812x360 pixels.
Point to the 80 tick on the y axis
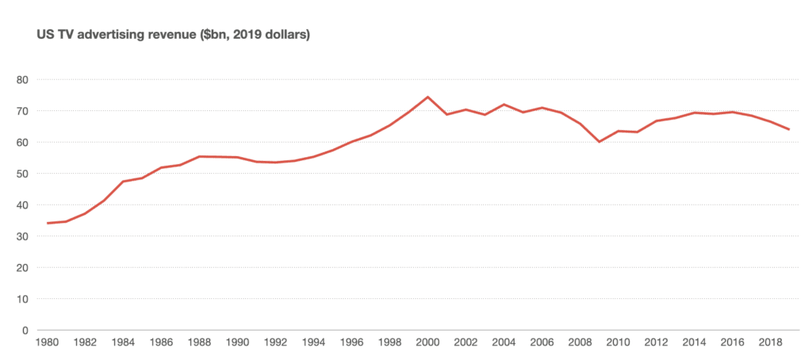pyautogui.click(x=23, y=79)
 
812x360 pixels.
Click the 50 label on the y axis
pyautogui.click(x=23, y=174)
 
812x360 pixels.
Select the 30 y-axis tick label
pyautogui.click(x=23, y=236)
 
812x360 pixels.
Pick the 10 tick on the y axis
pyautogui.click(x=23, y=299)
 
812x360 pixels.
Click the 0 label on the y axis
pyautogui.click(x=25, y=331)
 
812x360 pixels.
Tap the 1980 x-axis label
pyautogui.click(x=48, y=344)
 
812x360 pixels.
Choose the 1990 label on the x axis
pyautogui.click(x=238, y=344)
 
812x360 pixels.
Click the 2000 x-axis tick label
pyautogui.click(x=428, y=344)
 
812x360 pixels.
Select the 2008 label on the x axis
pyautogui.click(x=580, y=344)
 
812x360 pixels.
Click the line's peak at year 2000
pyautogui.click(x=428, y=97)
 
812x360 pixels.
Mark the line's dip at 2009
pyautogui.click(x=599, y=142)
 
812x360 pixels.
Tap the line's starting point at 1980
pyautogui.click(x=48, y=223)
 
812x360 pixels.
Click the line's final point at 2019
pyautogui.click(x=789, y=129)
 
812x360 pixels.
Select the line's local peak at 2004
pyautogui.click(x=504, y=104)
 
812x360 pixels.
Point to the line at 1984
pyautogui.click(x=124, y=182)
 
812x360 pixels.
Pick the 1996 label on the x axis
pyautogui.click(x=352, y=344)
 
